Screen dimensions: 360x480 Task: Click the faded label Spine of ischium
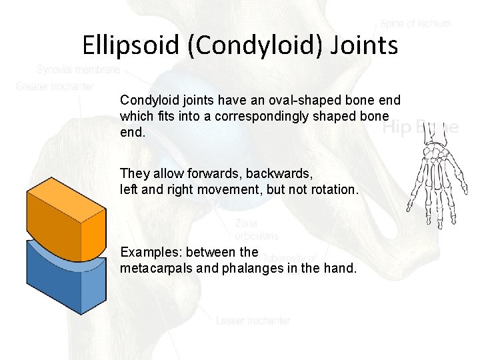(415, 23)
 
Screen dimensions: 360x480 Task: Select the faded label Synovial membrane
(79, 69)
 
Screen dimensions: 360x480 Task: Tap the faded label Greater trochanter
(55, 86)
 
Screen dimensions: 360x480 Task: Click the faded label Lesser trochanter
(253, 321)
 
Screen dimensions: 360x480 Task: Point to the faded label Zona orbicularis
(257, 229)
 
